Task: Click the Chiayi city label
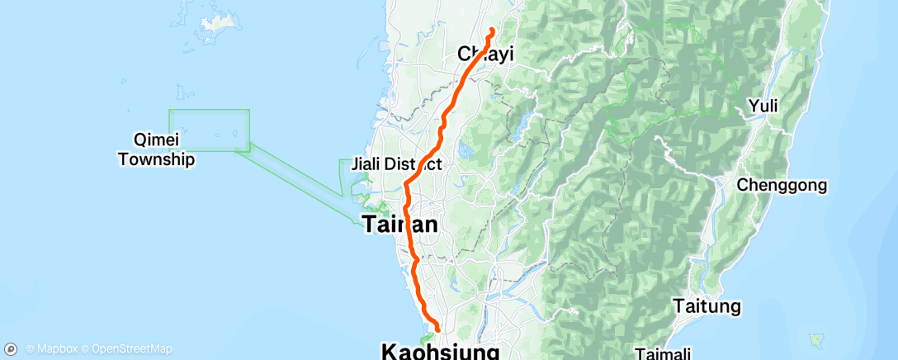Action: (486, 54)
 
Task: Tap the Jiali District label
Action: (396, 164)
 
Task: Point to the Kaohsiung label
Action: (441, 352)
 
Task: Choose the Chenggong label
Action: (782, 186)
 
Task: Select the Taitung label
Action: (707, 306)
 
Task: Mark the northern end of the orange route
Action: (492, 31)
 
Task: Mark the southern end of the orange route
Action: (437, 330)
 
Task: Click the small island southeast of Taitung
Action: (818, 339)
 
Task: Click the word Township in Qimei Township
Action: (156, 159)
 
